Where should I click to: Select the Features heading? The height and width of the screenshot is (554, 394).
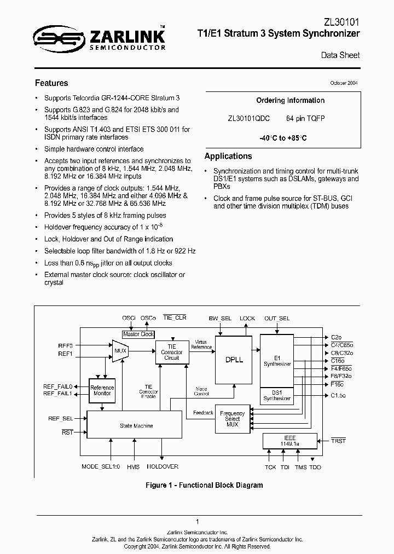coord(51,83)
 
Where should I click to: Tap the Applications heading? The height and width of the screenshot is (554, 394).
coord(228,156)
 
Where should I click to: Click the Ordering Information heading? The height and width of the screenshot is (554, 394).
coord(290,101)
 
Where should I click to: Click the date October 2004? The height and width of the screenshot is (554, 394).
coord(344,83)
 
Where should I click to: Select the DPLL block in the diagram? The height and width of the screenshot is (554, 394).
coord(234,360)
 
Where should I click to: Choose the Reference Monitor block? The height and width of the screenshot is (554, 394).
coord(101,390)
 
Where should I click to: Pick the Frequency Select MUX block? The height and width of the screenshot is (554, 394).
coord(233,419)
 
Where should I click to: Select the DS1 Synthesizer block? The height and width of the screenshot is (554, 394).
coord(276,396)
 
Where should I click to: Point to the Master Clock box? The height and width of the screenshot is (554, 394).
coord(138,334)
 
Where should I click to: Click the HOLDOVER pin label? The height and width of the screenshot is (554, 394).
coord(162,467)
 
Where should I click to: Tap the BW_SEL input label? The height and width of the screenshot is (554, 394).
coord(220,318)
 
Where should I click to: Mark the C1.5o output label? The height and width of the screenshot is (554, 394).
coord(338,395)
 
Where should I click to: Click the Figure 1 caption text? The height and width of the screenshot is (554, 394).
coord(196,485)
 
